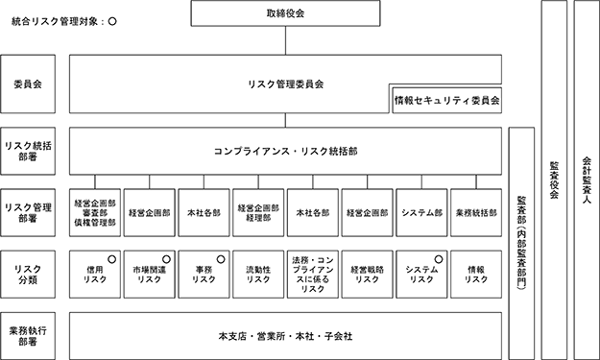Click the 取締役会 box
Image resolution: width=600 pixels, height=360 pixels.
click(x=285, y=13)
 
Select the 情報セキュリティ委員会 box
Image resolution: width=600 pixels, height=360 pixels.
click(x=447, y=100)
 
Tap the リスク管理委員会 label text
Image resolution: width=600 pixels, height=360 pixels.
click(x=285, y=84)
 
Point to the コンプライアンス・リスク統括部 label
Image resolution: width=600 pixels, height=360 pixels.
click(x=285, y=152)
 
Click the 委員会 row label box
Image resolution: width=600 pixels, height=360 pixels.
click(x=28, y=84)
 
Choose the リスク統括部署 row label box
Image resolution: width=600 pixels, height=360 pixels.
click(x=28, y=152)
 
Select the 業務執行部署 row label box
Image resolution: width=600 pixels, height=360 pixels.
click(x=28, y=336)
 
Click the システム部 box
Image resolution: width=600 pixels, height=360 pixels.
click(x=421, y=213)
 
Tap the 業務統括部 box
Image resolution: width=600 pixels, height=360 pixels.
click(x=476, y=213)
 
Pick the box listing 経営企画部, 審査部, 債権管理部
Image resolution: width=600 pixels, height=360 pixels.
click(x=95, y=213)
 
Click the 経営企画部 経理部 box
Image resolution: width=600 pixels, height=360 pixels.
click(x=258, y=213)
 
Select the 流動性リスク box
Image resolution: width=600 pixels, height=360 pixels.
click(x=258, y=275)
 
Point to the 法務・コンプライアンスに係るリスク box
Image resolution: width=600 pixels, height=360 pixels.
click(x=313, y=275)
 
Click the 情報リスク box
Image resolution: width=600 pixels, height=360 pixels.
click(x=476, y=275)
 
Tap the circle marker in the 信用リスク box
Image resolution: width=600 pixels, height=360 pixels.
click(x=111, y=259)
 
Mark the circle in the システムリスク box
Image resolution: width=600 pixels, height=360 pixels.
click(x=439, y=259)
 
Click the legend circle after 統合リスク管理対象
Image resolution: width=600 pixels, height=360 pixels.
click(x=112, y=22)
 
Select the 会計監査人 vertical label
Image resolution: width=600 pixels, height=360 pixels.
click(x=587, y=180)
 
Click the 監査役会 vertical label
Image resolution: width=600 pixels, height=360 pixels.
click(x=554, y=180)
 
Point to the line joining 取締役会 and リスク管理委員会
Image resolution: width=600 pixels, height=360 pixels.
click(x=285, y=40)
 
